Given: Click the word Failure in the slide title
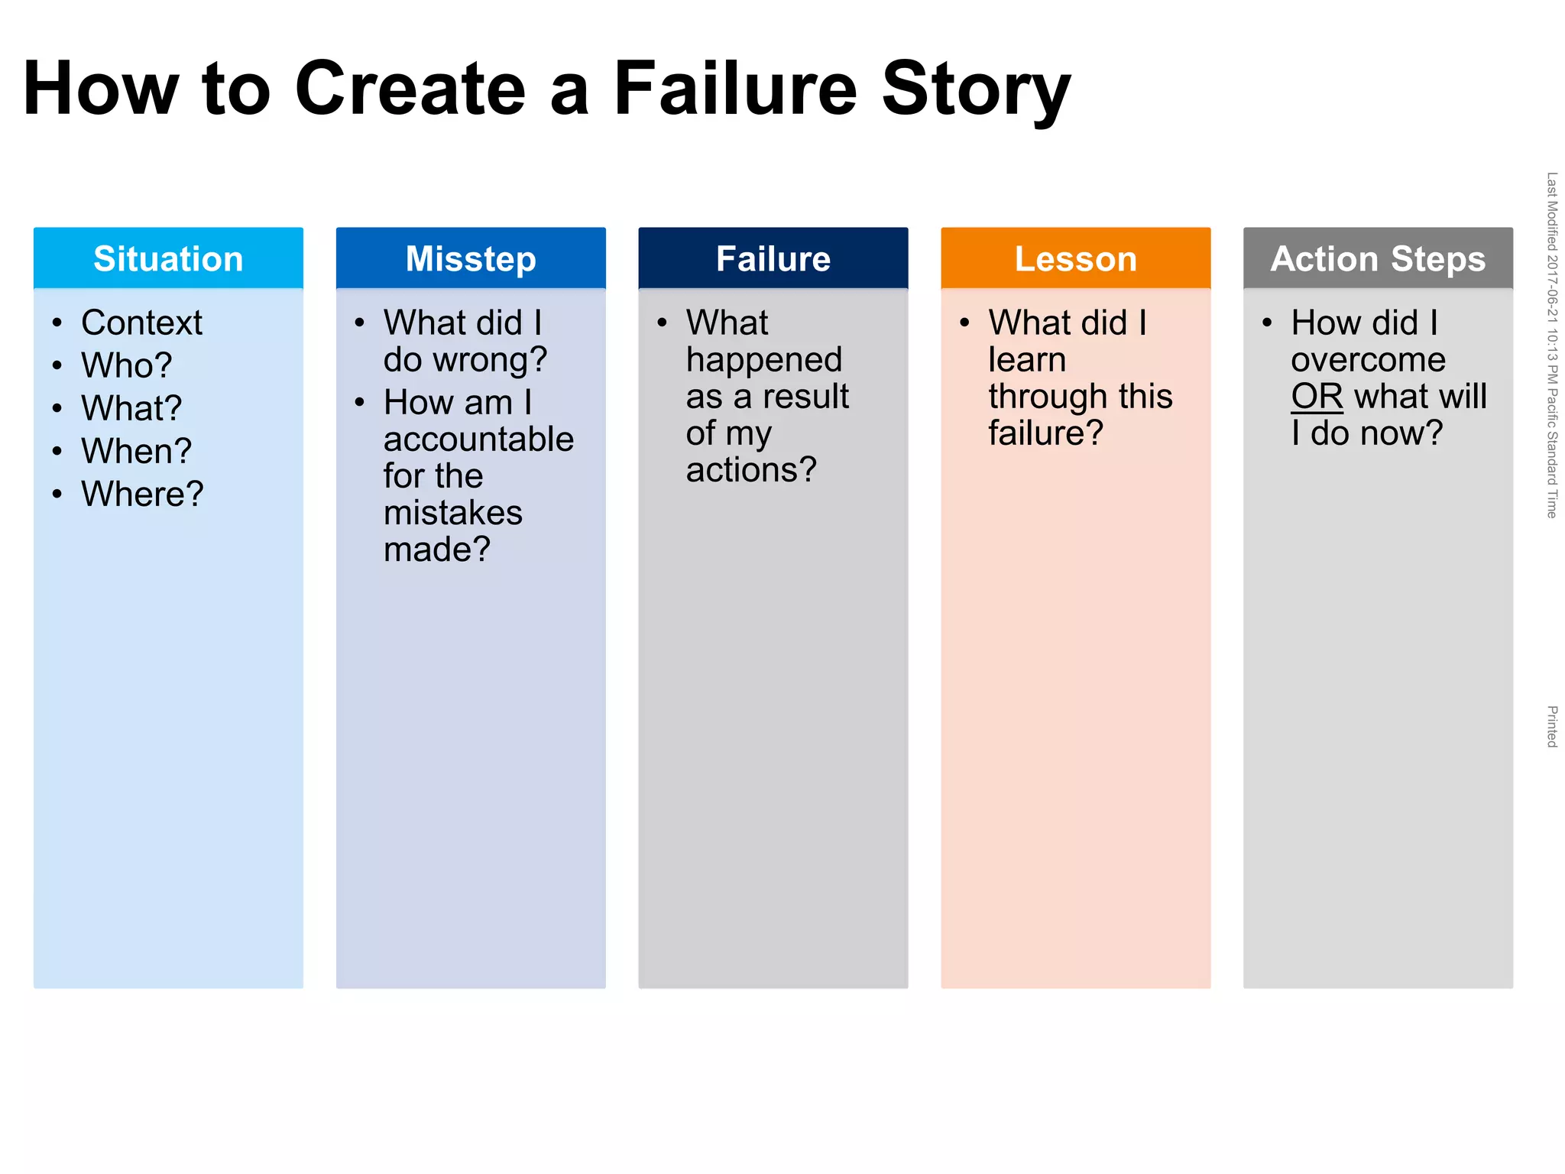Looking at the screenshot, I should pos(736,89).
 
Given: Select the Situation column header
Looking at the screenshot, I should pos(168,258).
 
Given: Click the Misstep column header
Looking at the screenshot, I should pos(471,258).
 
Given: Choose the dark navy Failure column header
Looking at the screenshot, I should pos(773,258).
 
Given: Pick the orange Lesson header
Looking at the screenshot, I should pos(1076,258).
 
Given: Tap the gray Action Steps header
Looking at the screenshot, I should pos(1378,258).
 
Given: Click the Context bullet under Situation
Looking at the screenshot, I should pos(141,323).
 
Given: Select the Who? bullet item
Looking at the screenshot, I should pos(127,365).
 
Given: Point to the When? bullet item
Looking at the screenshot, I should pos(137,451).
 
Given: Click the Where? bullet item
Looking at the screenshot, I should pos(143,494).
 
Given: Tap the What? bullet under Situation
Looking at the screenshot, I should pos(131,408).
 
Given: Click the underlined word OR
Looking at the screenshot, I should pos(1317,396).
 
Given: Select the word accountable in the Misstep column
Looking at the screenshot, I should pos(478,439).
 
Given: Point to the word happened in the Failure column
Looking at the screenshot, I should pos(764,360).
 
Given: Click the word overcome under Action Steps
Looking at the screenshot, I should pos(1369,359).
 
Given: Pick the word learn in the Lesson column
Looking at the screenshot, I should pos(1027,359).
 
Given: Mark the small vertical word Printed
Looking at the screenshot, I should pos(1551,726).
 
